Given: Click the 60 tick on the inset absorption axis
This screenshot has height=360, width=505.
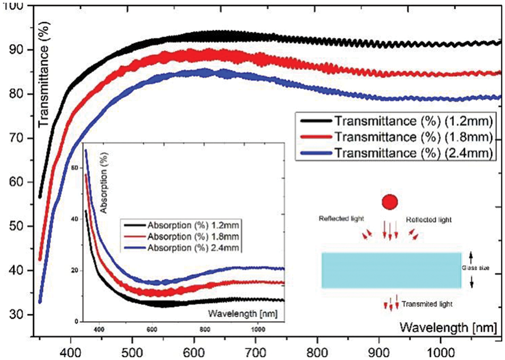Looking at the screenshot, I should click(75, 168).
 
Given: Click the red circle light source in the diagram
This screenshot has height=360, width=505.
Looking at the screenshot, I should click(390, 202).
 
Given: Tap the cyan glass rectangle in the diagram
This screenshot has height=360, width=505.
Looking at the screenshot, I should click(391, 270).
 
